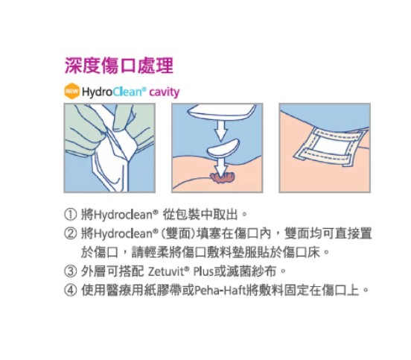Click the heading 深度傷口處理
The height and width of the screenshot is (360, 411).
point(118,66)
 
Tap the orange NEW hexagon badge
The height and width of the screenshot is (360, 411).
point(71,92)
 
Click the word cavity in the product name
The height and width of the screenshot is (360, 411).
point(165,92)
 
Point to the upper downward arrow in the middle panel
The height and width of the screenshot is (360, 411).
point(221,130)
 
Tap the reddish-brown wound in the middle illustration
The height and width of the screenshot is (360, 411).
point(222,177)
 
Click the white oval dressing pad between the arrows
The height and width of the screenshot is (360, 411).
point(223,148)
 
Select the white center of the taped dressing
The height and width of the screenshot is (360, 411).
point(331,146)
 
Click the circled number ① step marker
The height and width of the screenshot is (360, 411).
point(71,215)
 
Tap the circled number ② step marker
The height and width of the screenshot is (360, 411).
point(71,233)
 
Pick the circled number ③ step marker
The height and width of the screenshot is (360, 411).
point(71,271)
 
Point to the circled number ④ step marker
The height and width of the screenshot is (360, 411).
point(71,290)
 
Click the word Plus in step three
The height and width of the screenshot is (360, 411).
point(203,271)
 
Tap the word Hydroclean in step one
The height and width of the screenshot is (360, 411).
point(123,215)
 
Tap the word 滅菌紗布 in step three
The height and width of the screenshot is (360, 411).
point(252,271)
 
